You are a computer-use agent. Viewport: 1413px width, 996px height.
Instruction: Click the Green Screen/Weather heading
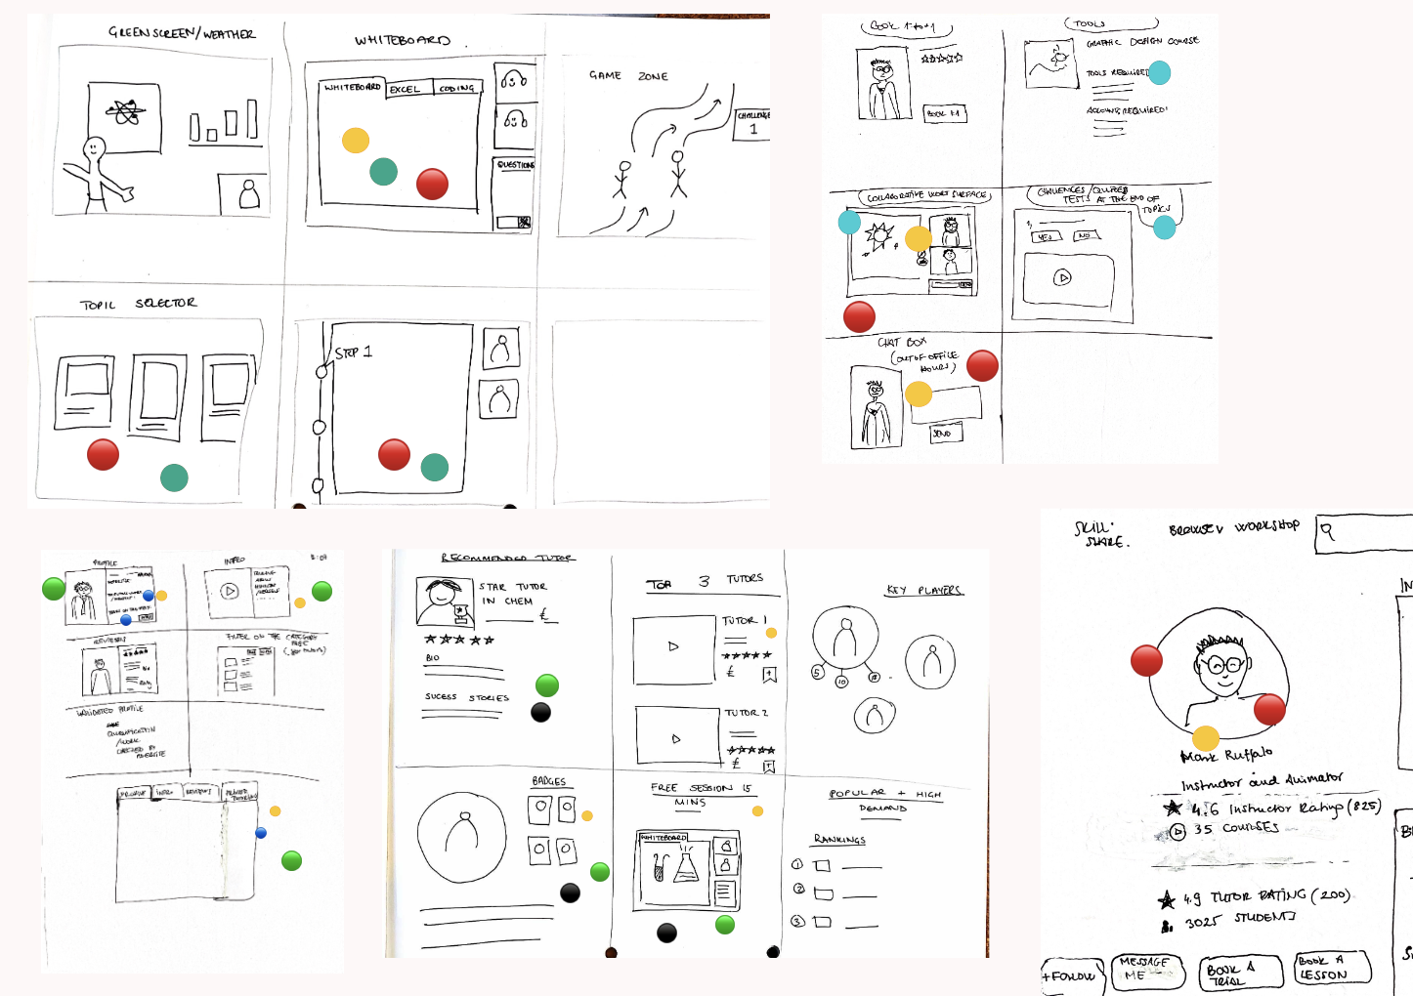click(x=182, y=33)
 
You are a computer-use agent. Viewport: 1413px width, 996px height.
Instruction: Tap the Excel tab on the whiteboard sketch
click(x=406, y=89)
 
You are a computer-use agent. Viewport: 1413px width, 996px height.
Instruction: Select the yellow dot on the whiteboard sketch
click(x=356, y=141)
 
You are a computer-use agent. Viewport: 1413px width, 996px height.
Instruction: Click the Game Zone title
click(x=628, y=75)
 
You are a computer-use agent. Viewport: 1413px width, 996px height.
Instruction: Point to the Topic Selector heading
click(x=138, y=304)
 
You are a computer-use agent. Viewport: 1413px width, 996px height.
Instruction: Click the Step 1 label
click(x=353, y=353)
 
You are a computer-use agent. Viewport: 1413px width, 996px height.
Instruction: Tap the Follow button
click(x=1071, y=975)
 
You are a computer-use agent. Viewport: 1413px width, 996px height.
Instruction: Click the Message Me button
click(x=1144, y=969)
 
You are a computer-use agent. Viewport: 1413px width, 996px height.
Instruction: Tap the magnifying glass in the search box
click(x=1328, y=531)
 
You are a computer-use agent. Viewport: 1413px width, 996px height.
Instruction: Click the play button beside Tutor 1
click(x=673, y=646)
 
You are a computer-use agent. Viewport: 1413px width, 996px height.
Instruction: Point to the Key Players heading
click(x=924, y=590)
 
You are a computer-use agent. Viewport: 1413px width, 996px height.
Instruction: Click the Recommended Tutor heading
click(x=507, y=558)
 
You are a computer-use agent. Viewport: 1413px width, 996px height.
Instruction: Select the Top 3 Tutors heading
click(x=705, y=582)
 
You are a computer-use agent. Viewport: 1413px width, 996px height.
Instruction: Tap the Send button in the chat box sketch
click(x=943, y=433)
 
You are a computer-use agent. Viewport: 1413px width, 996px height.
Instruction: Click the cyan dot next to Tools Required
click(x=1159, y=72)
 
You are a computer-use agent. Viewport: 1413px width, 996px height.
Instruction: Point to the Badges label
click(x=549, y=781)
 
